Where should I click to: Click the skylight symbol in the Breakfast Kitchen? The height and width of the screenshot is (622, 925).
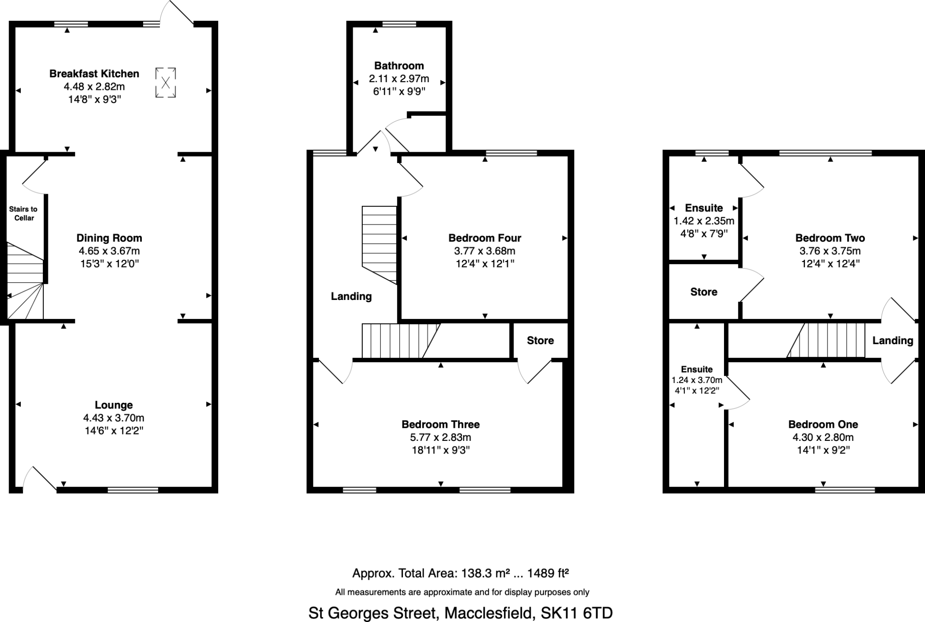coord(165,82)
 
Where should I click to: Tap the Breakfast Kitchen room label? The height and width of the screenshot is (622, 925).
coord(94,74)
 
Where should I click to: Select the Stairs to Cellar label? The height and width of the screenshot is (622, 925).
coord(23,213)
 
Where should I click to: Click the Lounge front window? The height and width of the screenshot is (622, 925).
coord(133,490)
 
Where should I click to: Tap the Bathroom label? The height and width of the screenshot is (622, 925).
coord(399,66)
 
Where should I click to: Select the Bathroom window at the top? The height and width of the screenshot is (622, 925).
coord(399,24)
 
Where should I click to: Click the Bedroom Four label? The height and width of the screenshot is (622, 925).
coord(485,238)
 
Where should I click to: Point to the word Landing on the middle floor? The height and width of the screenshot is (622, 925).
coord(351,296)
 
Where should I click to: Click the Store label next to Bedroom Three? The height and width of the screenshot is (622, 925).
coord(540,341)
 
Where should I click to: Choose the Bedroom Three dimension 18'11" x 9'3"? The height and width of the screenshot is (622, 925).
coord(440,450)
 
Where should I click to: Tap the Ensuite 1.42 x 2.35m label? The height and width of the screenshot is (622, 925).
coord(704,208)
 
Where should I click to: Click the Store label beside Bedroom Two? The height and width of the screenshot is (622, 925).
coord(704,292)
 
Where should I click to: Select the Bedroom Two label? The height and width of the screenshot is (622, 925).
coord(830,238)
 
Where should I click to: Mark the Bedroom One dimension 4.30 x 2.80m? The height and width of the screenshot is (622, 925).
coord(823,437)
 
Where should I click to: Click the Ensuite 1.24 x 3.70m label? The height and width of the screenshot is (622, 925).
coord(696,369)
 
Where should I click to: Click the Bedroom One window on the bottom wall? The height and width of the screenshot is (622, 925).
coord(845,490)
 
